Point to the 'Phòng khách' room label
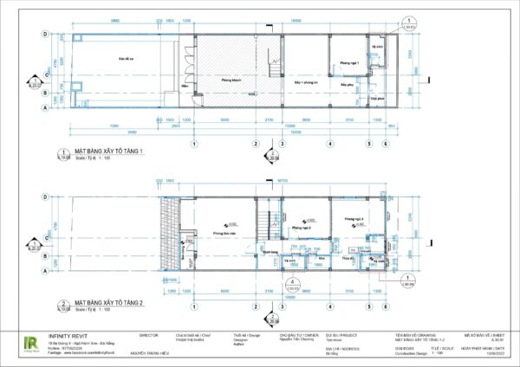coord(230,80)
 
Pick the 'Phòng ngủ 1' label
coord(348,63)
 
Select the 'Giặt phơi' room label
coord(375,99)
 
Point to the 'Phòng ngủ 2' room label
coord(302,228)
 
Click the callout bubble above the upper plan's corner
coord(407,23)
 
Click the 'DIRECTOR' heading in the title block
coord(149,332)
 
